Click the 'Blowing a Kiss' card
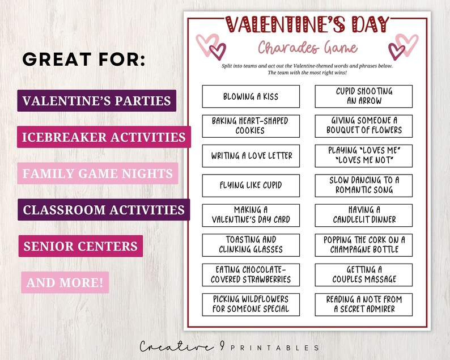pos(251,96)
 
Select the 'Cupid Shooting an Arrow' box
pos(364,96)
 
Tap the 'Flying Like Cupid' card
pos(251,185)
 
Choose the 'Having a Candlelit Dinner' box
pos(364,214)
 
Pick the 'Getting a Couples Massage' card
pos(364,274)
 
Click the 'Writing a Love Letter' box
pos(251,155)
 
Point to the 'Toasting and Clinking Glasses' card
pos(251,244)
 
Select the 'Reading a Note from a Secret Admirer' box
pos(364,304)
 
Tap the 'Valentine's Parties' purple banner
pos(96,101)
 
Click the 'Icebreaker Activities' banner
pos(104,137)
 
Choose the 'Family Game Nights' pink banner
pos(97,173)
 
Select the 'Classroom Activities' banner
pos(104,210)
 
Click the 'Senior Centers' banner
pos(80,246)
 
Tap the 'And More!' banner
pos(65,282)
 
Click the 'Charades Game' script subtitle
pos(308,48)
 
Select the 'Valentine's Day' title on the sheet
pos(308,24)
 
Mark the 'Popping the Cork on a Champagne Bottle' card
pos(364,244)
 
